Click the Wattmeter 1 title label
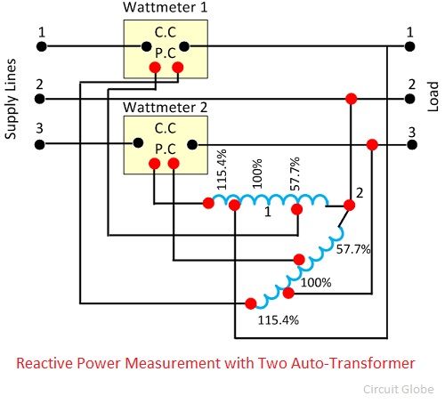coord(165,7)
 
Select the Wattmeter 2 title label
coord(165,108)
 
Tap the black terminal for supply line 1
coord(42,46)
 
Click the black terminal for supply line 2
coord(40,99)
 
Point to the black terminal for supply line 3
coord(40,145)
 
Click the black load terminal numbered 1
coord(409,46)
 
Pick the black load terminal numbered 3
coord(412,145)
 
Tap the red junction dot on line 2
coord(352,99)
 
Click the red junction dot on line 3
coord(372,145)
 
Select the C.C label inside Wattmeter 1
coord(166,32)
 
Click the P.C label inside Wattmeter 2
coord(166,149)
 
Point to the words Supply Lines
coord(11,99)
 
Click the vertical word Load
coord(433,97)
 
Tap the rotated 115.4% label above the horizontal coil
coord(222,169)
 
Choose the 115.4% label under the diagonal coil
coord(279,320)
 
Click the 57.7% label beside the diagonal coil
coord(353,249)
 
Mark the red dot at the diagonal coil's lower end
coord(251,303)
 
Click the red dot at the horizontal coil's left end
coord(208,204)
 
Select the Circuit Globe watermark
coord(399,389)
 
